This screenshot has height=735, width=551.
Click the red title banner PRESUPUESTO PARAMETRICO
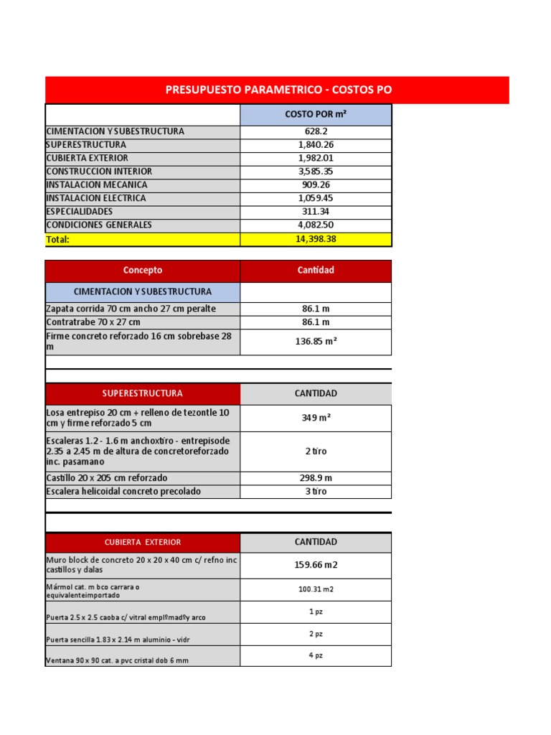click(278, 90)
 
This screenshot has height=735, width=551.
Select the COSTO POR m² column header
click(316, 114)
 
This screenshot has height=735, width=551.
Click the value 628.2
click(316, 131)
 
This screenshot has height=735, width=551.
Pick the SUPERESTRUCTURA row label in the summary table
click(86, 144)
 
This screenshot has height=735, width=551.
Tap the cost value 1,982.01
click(316, 158)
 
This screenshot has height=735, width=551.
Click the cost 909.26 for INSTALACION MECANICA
click(316, 184)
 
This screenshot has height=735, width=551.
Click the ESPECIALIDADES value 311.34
click(316, 212)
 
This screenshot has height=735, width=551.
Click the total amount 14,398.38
click(316, 239)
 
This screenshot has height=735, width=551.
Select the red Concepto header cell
click(143, 271)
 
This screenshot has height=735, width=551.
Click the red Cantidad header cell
click(316, 271)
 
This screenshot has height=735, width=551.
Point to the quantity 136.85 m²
click(316, 342)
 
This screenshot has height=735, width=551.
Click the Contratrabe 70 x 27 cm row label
click(93, 322)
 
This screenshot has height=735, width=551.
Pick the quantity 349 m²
click(316, 418)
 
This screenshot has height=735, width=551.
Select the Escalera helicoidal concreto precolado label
click(123, 492)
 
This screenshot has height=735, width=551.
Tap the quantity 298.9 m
click(316, 478)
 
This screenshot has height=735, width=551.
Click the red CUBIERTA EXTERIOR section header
click(142, 542)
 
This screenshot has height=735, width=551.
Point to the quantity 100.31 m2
click(316, 589)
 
